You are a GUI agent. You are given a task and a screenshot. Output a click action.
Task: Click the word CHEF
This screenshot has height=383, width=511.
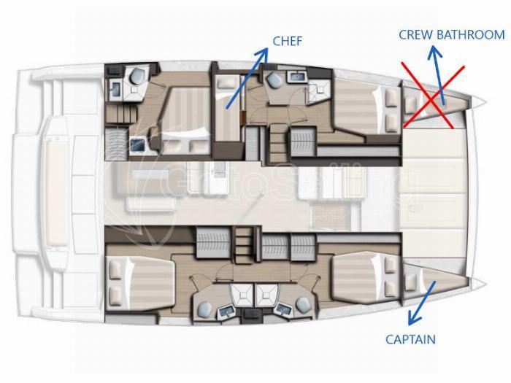tap(288, 41)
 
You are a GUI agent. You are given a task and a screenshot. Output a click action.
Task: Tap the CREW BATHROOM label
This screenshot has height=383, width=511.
tap(452, 34)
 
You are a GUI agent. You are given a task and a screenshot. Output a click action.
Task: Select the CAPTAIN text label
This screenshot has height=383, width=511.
tap(410, 339)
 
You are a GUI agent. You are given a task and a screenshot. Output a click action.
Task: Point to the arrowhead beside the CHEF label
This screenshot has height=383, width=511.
tap(262, 54)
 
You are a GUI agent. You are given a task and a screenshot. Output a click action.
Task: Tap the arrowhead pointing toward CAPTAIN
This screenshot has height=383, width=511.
tap(413, 318)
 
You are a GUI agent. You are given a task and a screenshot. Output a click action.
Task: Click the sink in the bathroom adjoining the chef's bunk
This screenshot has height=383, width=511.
tap(297, 77)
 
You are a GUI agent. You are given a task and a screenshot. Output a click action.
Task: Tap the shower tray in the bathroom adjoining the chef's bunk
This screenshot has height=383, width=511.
tap(318, 90)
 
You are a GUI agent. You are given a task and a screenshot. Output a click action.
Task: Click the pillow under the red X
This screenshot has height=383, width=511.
tap(410, 104)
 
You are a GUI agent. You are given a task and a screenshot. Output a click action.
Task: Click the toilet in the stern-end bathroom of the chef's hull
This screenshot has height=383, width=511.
tap(137, 76)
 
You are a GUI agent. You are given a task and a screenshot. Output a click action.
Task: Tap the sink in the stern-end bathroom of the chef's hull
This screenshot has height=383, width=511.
tap(116, 89)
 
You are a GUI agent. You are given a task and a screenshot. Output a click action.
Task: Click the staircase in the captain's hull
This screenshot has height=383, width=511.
tap(244, 245)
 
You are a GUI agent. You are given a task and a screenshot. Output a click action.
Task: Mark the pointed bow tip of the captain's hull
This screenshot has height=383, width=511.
tap(485, 283)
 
